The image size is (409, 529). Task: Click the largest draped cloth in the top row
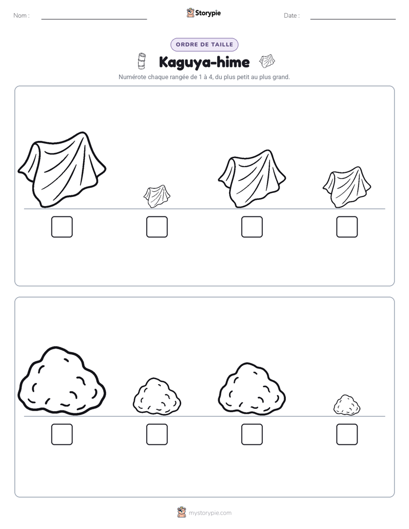[62, 169]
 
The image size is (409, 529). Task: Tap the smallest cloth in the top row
[157, 196]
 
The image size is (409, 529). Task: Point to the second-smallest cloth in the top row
[347, 187]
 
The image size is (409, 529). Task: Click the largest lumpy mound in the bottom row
[62, 381]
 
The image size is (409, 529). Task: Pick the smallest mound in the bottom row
[347, 405]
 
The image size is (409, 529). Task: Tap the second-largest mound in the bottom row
[252, 389]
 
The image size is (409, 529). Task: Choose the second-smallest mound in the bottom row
[157, 396]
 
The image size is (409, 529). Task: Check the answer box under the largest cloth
[62, 227]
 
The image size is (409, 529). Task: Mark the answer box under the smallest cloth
[157, 227]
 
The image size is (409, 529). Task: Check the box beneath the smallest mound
[347, 434]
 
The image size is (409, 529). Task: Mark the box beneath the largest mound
[62, 434]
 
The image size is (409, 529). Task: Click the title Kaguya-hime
[204, 62]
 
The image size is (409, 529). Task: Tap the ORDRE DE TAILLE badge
[204, 45]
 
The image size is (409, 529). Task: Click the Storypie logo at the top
[204, 13]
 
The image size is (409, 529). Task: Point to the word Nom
[20, 15]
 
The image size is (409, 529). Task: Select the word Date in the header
[290, 15]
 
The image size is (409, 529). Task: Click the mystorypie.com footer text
[210, 513]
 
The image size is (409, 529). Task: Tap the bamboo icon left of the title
[141, 61]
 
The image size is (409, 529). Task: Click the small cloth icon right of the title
[267, 61]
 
